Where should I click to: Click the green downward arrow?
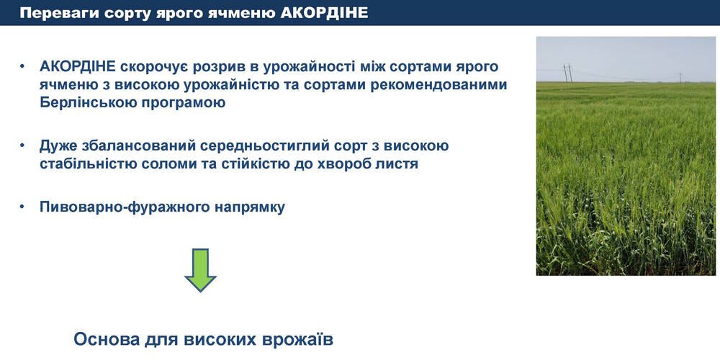[200, 270]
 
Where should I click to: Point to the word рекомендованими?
[429, 86]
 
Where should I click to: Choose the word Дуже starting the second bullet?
[56, 146]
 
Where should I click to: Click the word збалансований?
[136, 145]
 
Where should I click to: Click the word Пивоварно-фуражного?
[125, 207]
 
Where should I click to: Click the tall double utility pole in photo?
[568, 73]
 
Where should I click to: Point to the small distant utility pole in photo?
[680, 78]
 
